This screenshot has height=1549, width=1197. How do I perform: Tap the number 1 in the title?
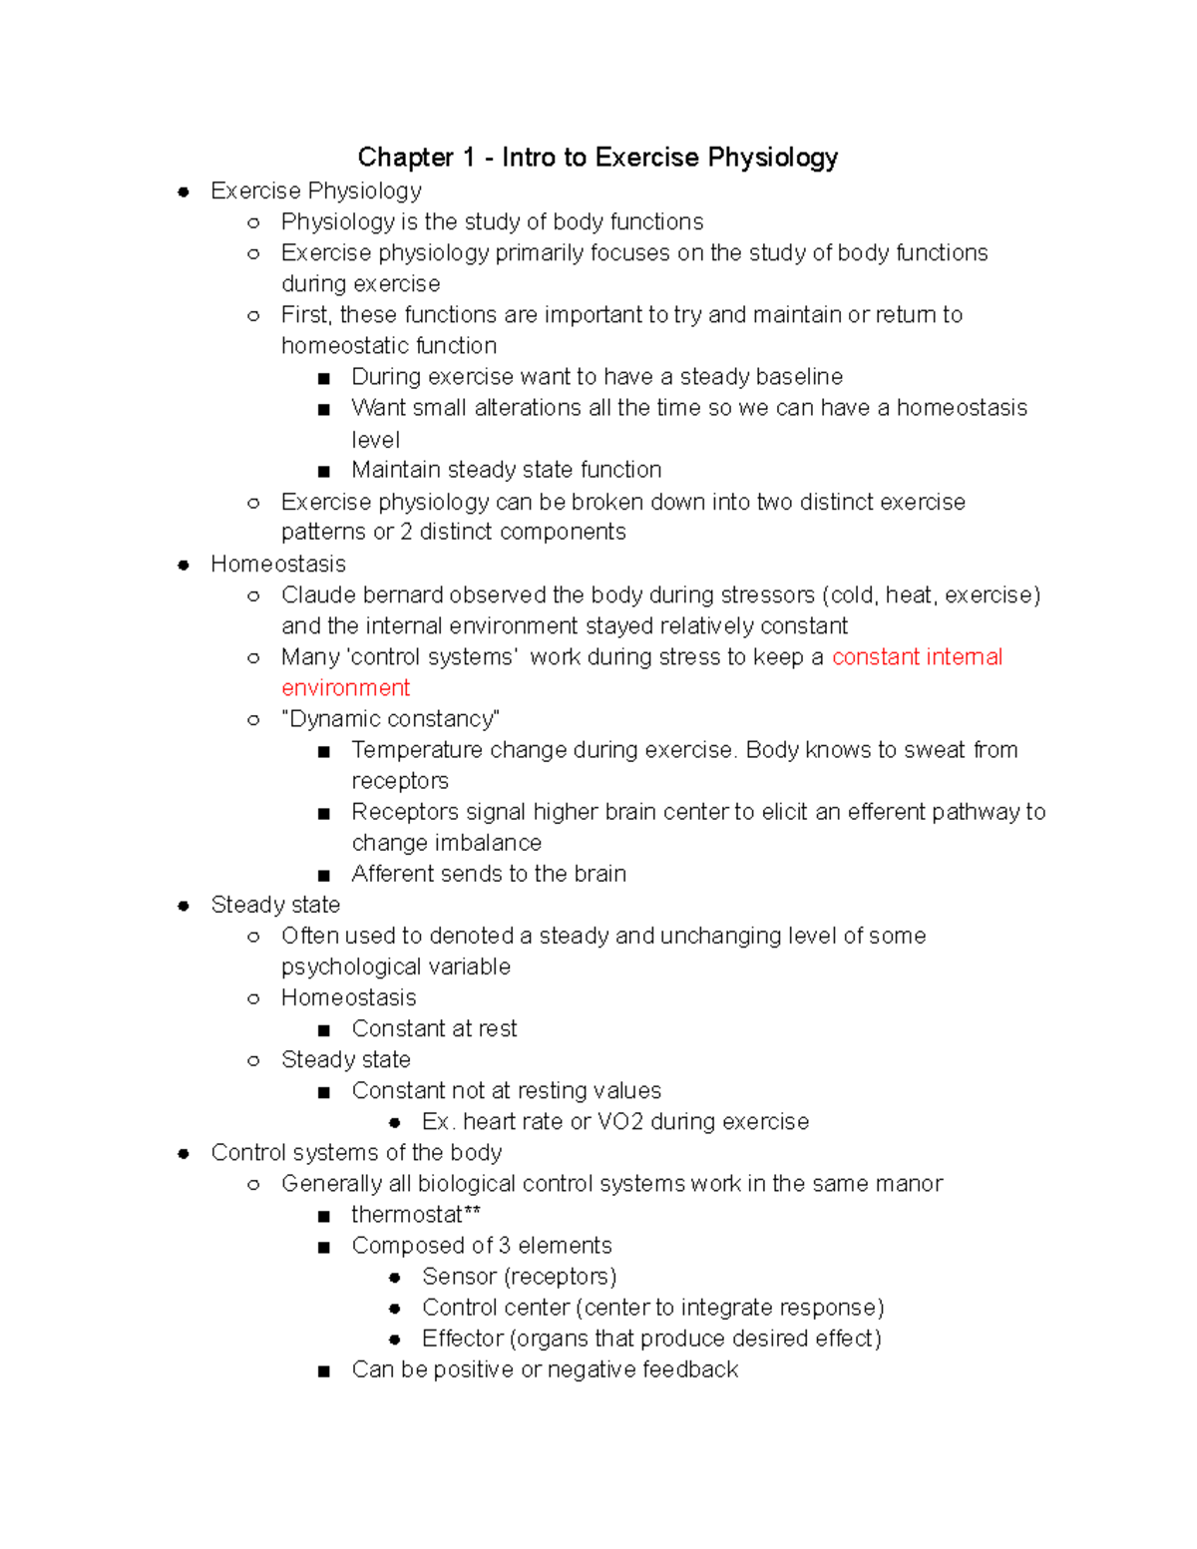pyautogui.click(x=468, y=158)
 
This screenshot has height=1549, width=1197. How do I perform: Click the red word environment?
pyautogui.click(x=345, y=688)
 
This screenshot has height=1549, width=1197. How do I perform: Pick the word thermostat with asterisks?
pyautogui.click(x=416, y=1215)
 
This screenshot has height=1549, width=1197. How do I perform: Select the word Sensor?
pyautogui.click(x=459, y=1277)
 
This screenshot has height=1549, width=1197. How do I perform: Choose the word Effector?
pyautogui.click(x=463, y=1339)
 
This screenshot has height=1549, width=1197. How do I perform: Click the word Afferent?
pyautogui.click(x=394, y=875)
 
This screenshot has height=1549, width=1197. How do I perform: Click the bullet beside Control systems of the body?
pyautogui.click(x=184, y=1154)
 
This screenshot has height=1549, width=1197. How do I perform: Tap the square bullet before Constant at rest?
pyautogui.click(x=323, y=1030)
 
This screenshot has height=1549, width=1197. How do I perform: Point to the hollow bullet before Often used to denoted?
pyautogui.click(x=253, y=937)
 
